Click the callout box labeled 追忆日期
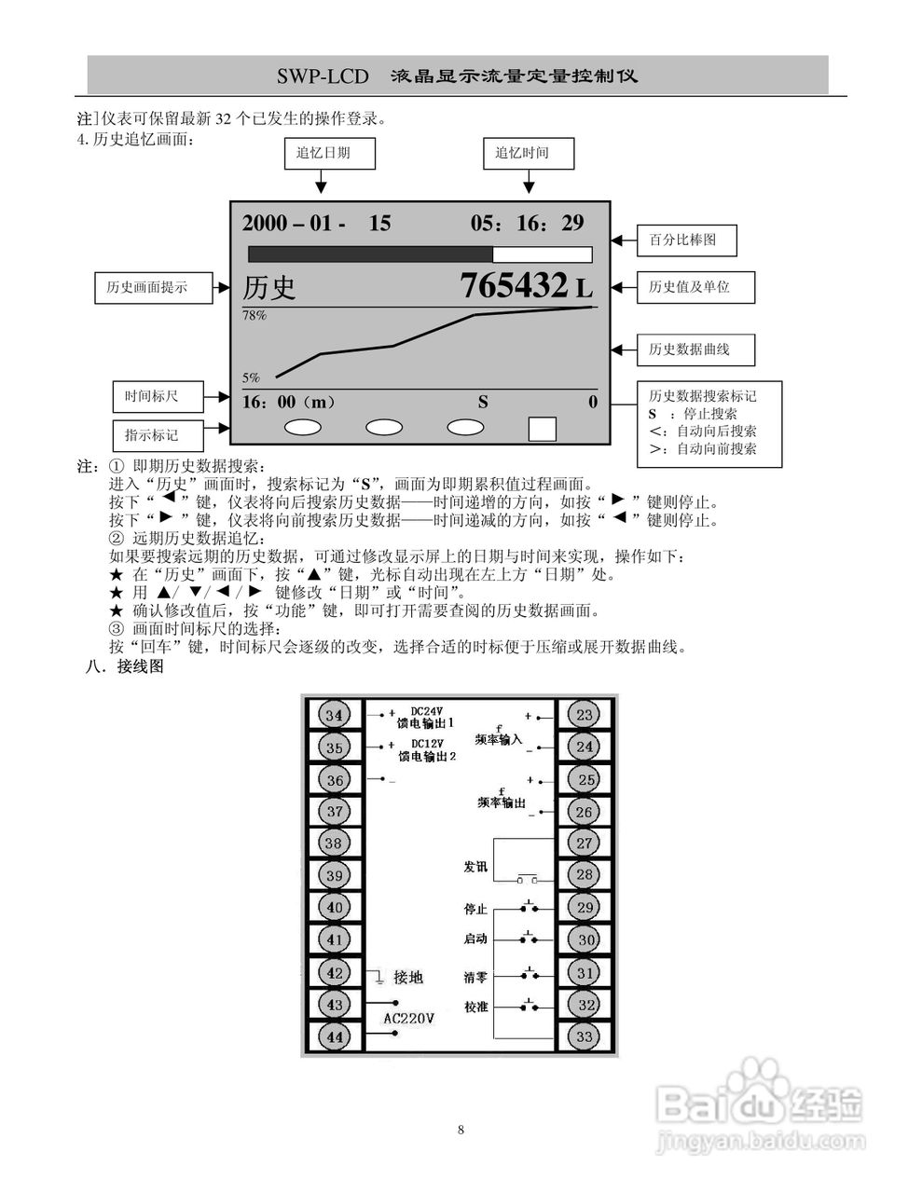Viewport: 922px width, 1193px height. click(329, 153)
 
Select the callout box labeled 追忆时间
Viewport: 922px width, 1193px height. click(529, 153)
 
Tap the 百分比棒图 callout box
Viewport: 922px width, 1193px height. click(687, 240)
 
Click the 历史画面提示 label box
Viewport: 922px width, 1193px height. click(154, 287)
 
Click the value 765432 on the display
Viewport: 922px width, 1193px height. click(514, 285)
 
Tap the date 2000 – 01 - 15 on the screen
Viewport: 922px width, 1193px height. click(316, 223)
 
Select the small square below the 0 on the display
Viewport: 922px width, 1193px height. click(542, 428)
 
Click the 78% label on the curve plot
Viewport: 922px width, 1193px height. click(255, 316)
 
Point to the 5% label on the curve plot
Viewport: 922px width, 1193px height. click(251, 377)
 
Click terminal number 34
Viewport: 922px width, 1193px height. click(335, 715)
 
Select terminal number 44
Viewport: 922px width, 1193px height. click(335, 1036)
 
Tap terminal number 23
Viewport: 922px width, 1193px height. click(585, 715)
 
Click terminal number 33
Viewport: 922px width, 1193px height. click(585, 1036)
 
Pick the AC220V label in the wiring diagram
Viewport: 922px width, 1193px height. click(409, 1019)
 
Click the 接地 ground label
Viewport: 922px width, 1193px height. click(408, 977)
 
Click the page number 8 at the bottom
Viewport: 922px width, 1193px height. click(461, 1130)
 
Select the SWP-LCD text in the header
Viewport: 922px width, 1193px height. click(323, 75)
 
